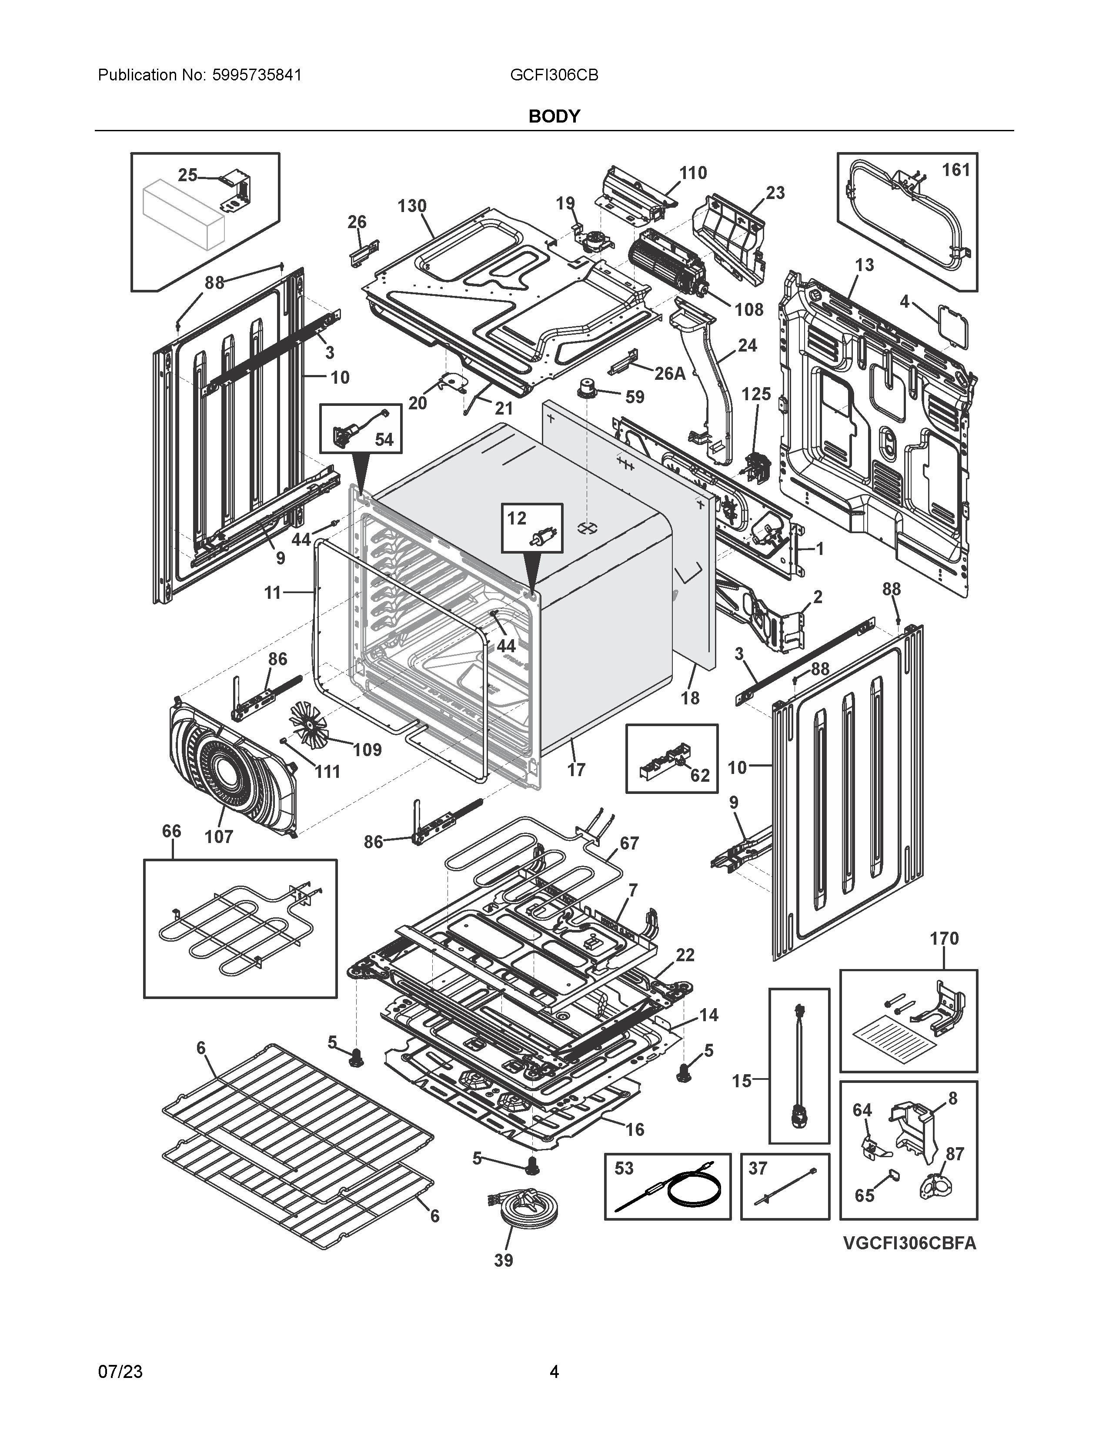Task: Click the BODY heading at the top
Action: (554, 116)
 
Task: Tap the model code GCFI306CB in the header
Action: (554, 75)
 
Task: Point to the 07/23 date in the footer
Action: (120, 1371)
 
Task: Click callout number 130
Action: (412, 206)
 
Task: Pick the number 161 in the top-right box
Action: (956, 170)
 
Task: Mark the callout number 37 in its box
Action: (758, 1169)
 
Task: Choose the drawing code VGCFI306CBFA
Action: (910, 1244)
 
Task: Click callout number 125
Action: (756, 394)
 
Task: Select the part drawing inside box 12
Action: (543, 538)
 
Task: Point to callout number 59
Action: (635, 397)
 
